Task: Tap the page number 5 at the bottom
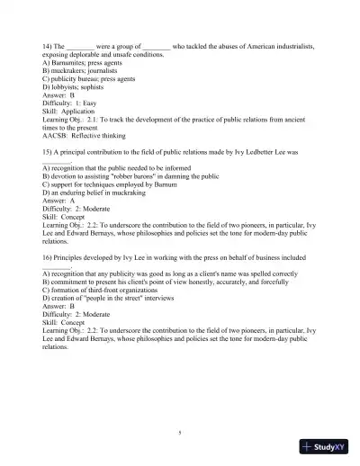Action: [x=180, y=433]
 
